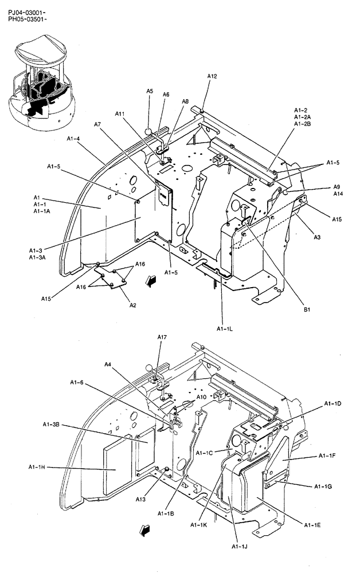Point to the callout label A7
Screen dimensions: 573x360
pyautogui.click(x=97, y=124)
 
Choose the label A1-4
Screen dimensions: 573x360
pyautogui.click(x=73, y=138)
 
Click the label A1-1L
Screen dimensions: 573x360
pyautogui.click(x=224, y=328)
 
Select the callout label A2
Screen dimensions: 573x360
pyautogui.click(x=132, y=305)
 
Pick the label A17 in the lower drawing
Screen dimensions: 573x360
pyautogui.click(x=162, y=337)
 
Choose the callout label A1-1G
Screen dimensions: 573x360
pyautogui.click(x=323, y=486)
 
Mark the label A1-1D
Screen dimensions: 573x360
pyautogui.click(x=332, y=404)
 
